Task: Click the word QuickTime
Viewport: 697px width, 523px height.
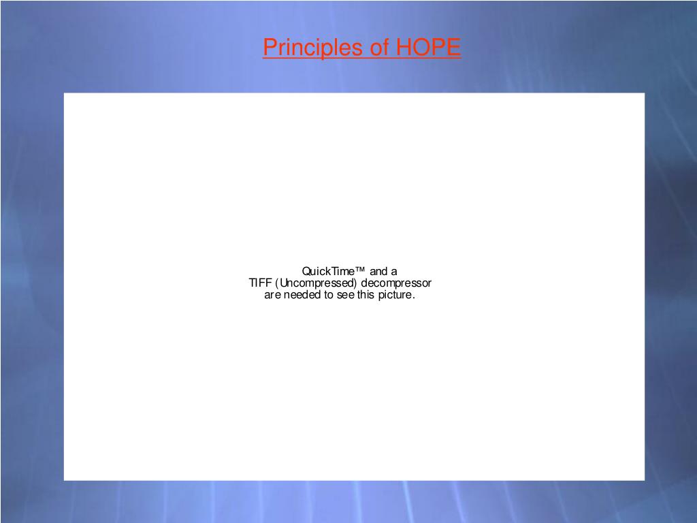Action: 329,271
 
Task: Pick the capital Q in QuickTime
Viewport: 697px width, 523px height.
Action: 306,271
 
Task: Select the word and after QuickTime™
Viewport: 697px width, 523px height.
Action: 379,271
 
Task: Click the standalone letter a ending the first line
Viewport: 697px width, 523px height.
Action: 394,271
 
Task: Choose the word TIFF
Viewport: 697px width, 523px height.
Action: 259,283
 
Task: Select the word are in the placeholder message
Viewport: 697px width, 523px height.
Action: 272,296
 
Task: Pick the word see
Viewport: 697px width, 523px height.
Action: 345,296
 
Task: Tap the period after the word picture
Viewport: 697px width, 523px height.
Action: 414,298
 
